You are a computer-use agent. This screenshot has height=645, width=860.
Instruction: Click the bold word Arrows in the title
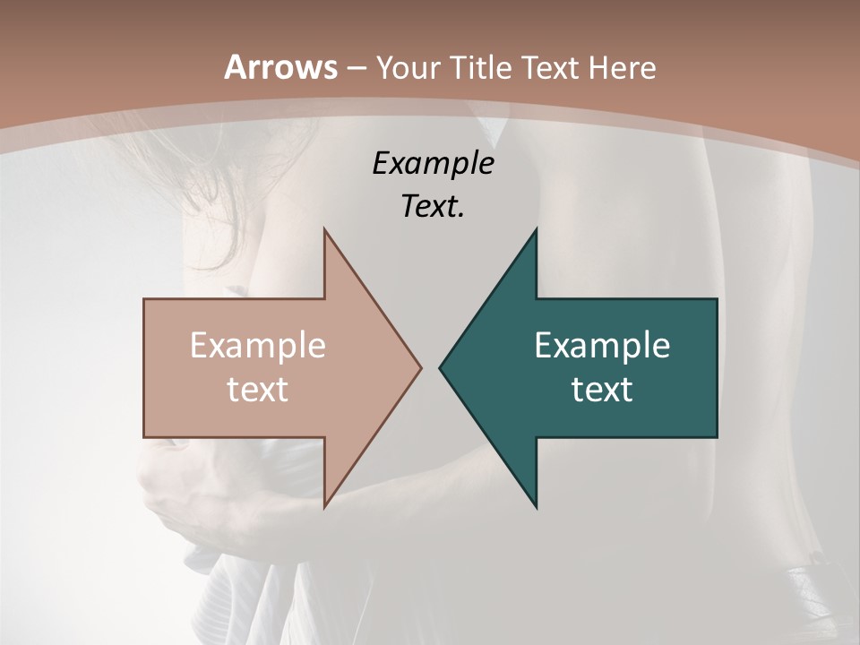280,67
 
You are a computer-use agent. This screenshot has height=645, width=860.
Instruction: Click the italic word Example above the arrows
433,164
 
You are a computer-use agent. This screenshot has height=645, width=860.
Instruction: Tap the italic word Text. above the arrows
433,206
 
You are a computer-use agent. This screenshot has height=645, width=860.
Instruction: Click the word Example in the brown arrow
258,346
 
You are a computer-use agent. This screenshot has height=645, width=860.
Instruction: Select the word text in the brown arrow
258,389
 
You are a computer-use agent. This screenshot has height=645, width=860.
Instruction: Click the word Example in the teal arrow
602,346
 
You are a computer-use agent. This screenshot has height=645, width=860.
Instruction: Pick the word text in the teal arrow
602,389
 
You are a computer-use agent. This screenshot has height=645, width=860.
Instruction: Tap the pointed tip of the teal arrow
441,367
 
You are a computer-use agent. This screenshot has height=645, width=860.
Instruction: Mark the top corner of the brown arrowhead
324,230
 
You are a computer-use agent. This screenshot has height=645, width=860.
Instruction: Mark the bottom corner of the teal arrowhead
537,506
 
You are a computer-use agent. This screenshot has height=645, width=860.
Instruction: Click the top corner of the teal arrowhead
537,230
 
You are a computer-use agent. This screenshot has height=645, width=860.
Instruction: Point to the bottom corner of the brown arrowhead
324,506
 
